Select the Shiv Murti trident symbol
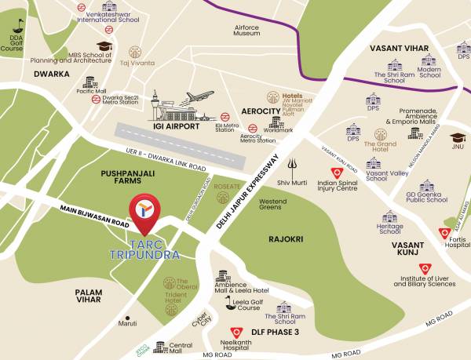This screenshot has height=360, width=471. (x=293, y=165)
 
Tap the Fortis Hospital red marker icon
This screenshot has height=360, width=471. (x=444, y=233)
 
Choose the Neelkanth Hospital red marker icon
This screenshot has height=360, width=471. (x=236, y=332)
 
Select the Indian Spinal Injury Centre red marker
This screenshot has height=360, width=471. (x=336, y=174)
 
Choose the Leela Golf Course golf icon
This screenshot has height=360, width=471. (x=228, y=300)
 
